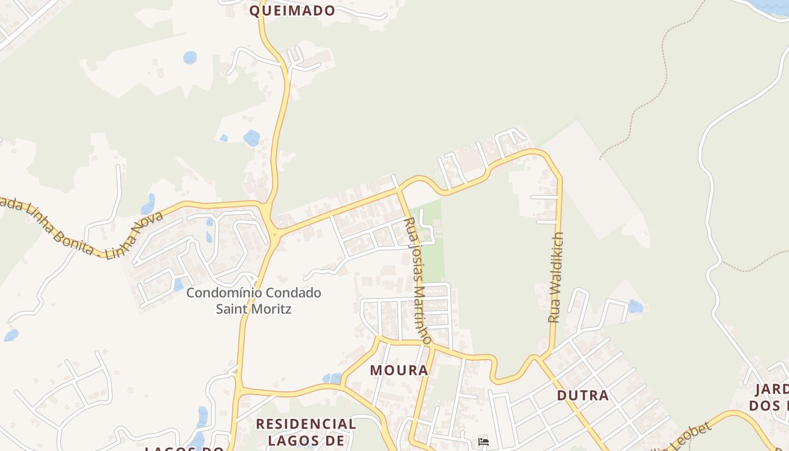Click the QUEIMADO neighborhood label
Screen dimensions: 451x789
point(292,10)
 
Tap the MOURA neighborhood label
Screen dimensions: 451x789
point(399,370)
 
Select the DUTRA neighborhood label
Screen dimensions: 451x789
point(583,395)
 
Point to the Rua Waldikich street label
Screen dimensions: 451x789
point(556,277)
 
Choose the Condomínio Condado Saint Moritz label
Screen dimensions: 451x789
point(254,300)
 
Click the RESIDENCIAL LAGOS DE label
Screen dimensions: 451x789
point(306,431)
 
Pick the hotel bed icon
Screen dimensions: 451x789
point(483,441)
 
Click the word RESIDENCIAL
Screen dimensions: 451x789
point(306,424)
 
